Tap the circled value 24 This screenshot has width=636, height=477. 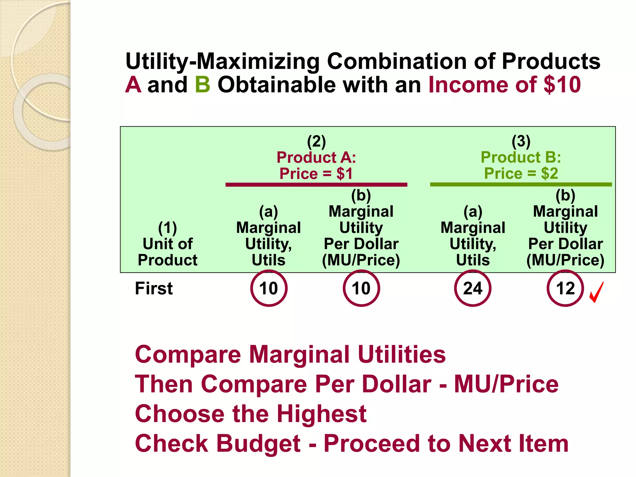(472, 288)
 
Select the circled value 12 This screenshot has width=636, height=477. (565, 288)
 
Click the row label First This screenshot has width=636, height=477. (154, 288)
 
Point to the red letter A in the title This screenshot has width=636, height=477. (133, 85)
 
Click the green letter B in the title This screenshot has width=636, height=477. (202, 85)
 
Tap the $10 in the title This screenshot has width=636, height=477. (562, 85)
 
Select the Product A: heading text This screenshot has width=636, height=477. (316, 157)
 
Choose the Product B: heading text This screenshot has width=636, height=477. (521, 157)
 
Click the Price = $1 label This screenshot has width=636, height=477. (316, 174)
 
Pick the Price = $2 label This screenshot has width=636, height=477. (521, 174)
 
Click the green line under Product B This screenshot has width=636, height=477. (521, 184)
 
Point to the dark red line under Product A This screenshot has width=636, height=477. (316, 185)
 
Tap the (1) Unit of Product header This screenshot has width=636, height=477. (167, 244)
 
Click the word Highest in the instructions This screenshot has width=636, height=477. (321, 414)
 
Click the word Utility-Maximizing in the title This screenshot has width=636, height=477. (222, 61)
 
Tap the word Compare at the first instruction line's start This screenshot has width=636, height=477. (188, 355)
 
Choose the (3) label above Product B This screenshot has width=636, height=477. (521, 141)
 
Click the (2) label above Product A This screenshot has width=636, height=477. (316, 141)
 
